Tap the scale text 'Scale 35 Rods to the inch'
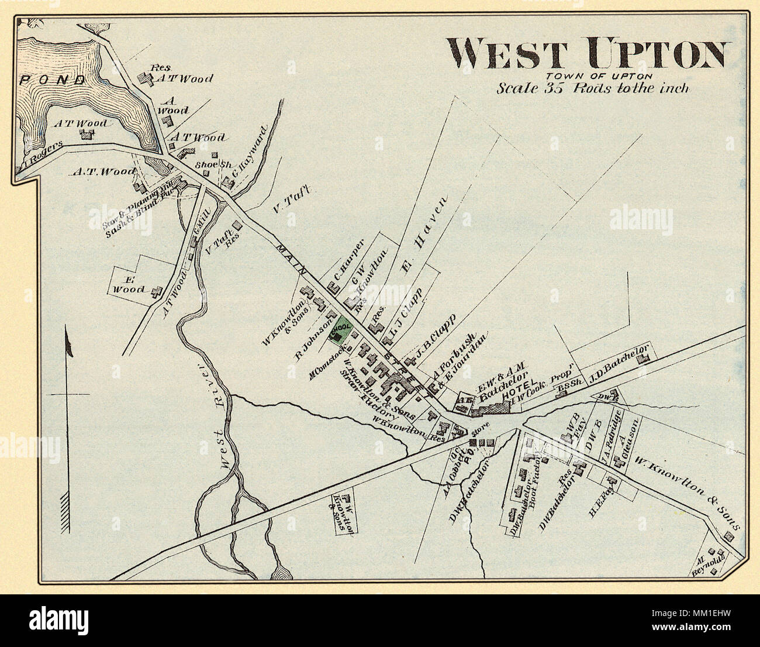pos(593,88)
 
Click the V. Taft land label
pos(290,199)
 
